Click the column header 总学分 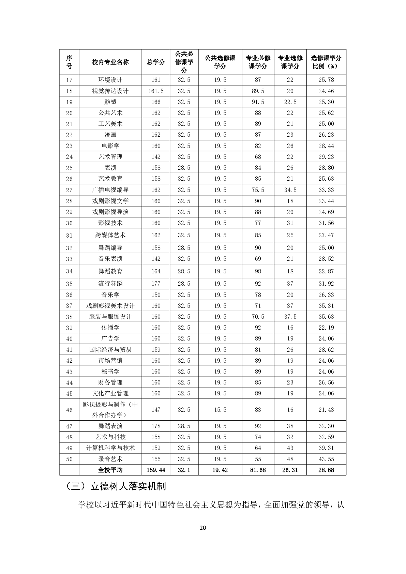[156, 62]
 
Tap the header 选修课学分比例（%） [326, 62]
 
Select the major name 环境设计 [110, 80]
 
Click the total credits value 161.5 [156, 91]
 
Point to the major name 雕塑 [110, 102]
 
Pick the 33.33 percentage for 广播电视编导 [326, 190]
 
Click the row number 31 [69, 235]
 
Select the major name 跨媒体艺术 [110, 235]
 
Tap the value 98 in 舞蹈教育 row [258, 271]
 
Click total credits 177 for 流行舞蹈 [156, 284]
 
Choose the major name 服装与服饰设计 [110, 317]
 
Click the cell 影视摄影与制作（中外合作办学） [110, 410]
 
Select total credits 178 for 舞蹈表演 [156, 426]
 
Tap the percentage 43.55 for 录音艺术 [326, 459]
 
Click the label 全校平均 [110, 470]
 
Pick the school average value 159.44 [156, 470]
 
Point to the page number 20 [203, 528]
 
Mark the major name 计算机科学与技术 [110, 448]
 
